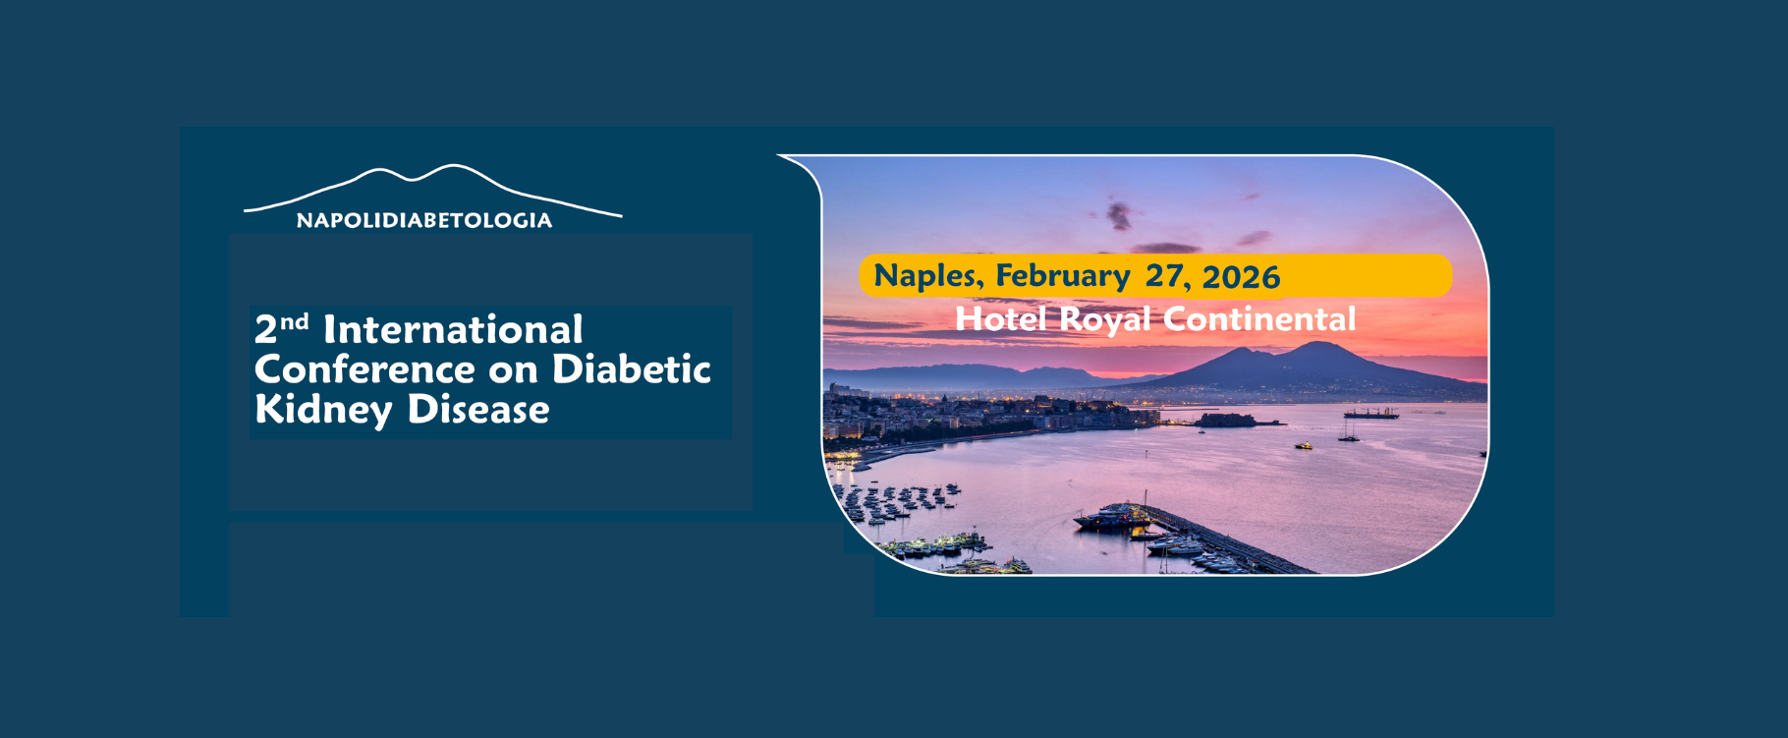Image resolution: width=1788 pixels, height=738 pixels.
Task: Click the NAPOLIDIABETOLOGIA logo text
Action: [424, 220]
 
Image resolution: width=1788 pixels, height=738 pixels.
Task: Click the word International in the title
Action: [453, 329]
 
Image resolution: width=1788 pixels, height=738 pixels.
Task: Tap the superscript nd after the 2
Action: [294, 321]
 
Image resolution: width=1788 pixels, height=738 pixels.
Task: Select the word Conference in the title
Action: [364, 369]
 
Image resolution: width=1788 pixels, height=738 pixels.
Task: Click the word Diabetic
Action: [632, 369]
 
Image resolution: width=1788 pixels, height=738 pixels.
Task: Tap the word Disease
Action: [478, 409]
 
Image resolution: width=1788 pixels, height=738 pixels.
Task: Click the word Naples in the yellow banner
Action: [928, 276]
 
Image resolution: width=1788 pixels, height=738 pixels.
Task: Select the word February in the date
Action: [1063, 276]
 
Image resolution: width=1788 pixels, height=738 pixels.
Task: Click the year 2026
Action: [1241, 277]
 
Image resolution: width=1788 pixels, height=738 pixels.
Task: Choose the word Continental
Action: [1259, 318]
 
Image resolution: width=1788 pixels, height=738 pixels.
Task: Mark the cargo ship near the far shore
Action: [1370, 413]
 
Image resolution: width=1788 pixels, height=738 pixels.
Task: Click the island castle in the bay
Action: [1226, 420]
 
